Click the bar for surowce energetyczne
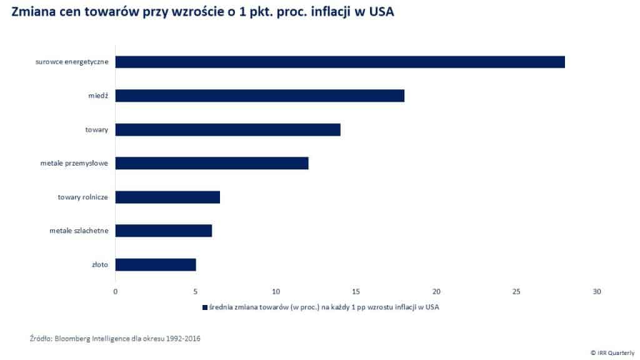pos(340,62)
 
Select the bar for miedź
pos(260,96)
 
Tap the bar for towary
pos(228,129)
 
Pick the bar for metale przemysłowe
pos(212,163)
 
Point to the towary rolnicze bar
pos(167,197)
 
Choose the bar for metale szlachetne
pos(164,231)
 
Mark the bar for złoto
pos(156,264)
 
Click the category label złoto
pos(99,264)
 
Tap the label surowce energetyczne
pos(72,62)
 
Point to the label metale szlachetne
pos(79,231)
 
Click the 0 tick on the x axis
pos(115,291)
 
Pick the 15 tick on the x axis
pos(356,291)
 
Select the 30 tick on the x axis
pos(597,291)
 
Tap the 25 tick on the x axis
pos(516,291)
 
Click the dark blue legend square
pos(204,307)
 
